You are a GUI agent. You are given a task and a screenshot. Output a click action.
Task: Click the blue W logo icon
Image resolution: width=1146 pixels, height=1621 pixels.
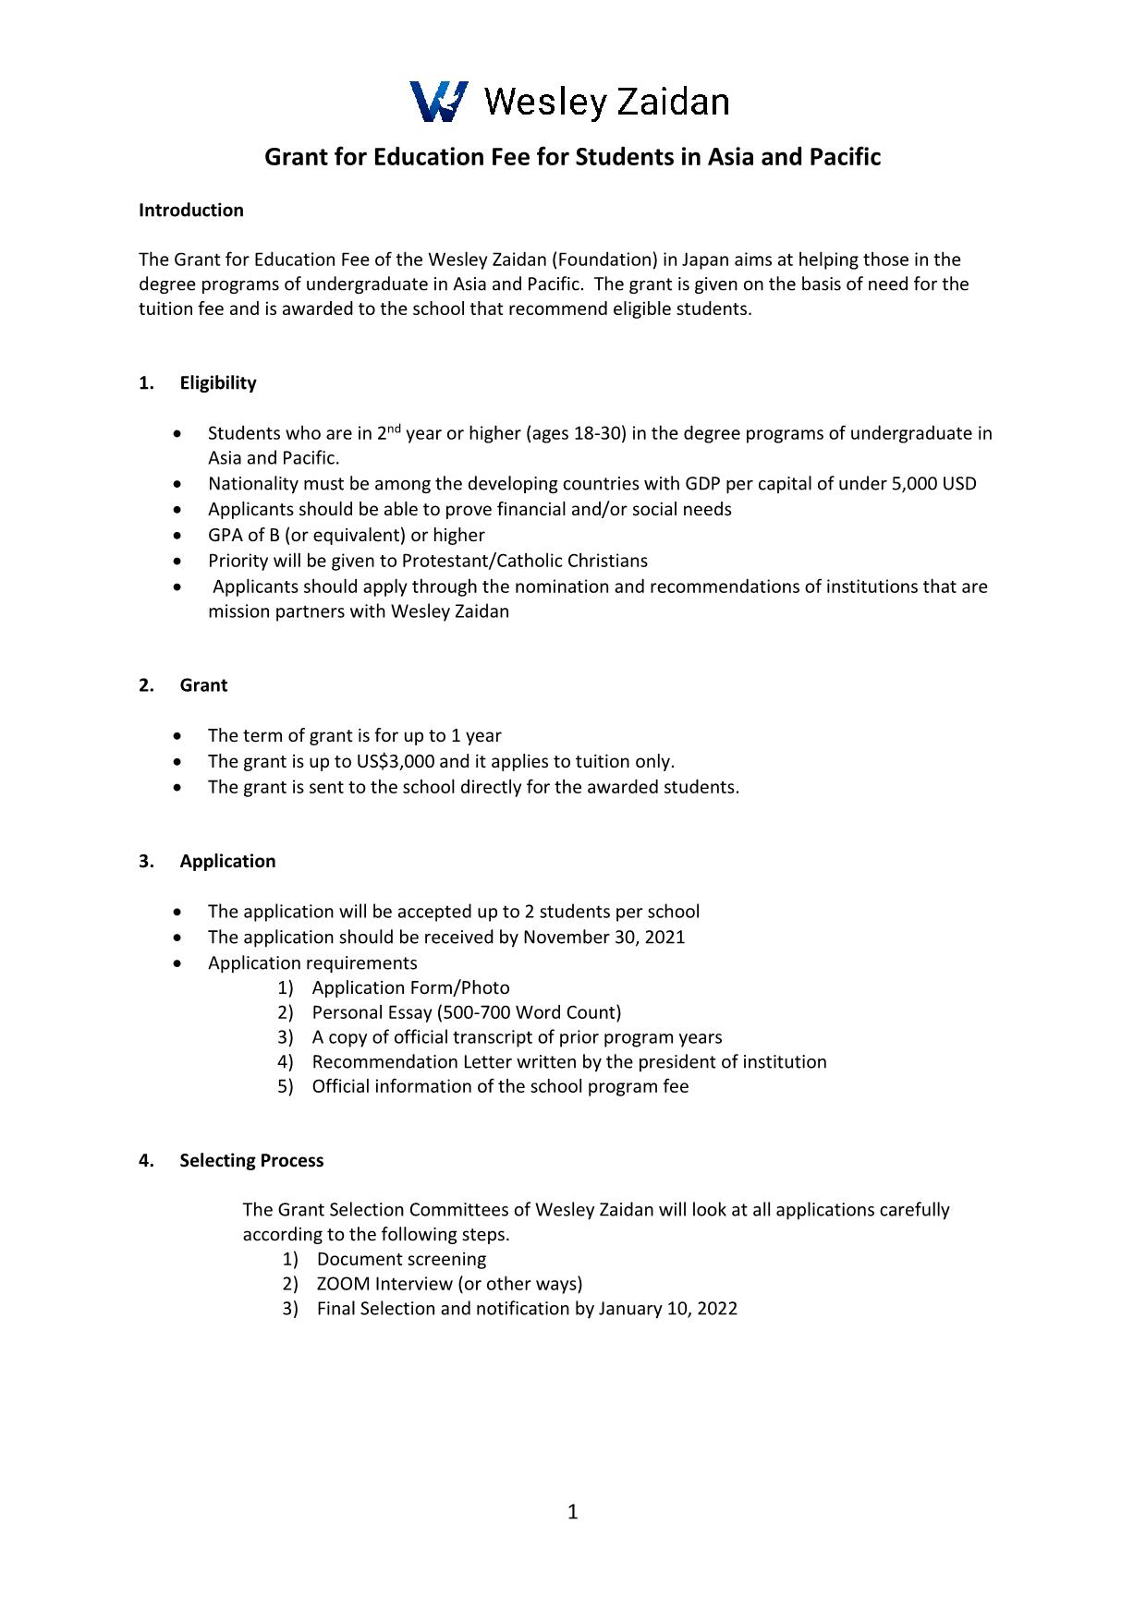click(x=438, y=101)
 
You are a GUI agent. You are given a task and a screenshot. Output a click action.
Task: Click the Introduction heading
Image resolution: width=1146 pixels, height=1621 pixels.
click(x=190, y=210)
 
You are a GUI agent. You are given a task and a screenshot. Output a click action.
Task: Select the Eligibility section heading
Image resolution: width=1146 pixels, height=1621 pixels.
click(x=218, y=382)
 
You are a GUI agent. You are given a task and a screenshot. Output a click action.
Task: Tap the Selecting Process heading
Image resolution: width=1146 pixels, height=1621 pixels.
click(x=251, y=1160)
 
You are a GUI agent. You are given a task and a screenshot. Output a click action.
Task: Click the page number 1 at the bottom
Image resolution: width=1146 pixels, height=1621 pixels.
click(x=572, y=1511)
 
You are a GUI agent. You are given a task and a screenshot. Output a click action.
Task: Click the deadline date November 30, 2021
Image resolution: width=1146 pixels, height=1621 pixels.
click(x=604, y=937)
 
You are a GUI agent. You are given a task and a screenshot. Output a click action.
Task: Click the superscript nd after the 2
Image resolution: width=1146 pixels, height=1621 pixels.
click(x=393, y=428)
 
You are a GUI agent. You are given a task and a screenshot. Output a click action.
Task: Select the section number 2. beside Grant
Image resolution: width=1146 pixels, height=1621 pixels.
click(x=146, y=684)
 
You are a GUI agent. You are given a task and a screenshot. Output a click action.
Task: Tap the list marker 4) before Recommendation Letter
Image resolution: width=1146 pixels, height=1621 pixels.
click(x=286, y=1061)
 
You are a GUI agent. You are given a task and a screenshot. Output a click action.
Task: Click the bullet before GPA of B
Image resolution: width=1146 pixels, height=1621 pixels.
click(x=177, y=535)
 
